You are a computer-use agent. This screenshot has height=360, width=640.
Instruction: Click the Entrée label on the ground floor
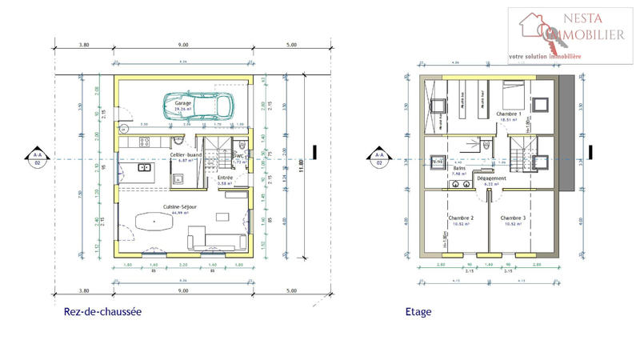tap(225, 178)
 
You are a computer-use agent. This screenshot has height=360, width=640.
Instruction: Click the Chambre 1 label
tap(509, 114)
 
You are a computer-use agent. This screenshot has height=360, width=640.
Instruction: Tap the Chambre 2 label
tap(461, 218)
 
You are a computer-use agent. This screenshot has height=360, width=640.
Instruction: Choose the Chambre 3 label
tap(512, 218)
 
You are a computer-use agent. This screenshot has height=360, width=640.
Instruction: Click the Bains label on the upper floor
tap(459, 169)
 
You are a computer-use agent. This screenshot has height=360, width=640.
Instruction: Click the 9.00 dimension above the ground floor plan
tap(183, 46)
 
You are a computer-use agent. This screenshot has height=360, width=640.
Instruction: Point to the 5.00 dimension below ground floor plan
tap(290, 291)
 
